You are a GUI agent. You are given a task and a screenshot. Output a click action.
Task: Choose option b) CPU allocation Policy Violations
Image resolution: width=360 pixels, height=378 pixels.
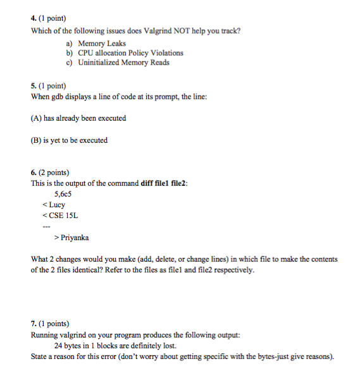click(x=125, y=53)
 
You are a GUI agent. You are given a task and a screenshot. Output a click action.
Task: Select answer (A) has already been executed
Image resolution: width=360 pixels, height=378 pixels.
click(x=78, y=118)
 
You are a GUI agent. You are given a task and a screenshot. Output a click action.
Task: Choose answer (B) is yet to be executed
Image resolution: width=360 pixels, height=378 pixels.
click(x=69, y=140)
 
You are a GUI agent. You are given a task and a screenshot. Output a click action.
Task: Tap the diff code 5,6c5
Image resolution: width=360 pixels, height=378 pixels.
click(x=64, y=194)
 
